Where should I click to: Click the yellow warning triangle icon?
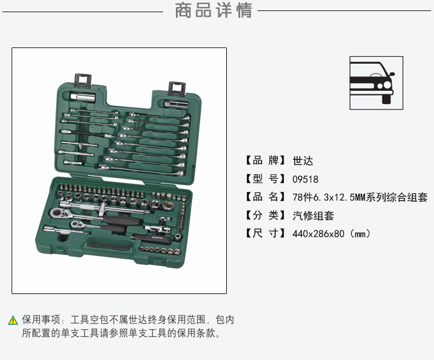coord(13,320)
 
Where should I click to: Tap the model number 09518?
coord(306,179)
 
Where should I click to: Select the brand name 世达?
coord(303,161)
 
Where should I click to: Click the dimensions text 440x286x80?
coord(318,234)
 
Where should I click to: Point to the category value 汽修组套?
coord(313,215)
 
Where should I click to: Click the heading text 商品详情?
coord(214,10)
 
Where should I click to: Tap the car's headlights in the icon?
coord(384,85)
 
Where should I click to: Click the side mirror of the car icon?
coord(392,74)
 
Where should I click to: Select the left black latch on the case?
coord(83,80)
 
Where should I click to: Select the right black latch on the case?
coord(177,89)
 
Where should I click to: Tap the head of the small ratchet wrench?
coord(76,223)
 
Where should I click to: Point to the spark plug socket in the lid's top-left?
coord(82,97)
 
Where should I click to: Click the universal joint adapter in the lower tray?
coord(157,229)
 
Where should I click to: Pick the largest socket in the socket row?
coord(168,205)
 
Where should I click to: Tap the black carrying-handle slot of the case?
coord(109,245)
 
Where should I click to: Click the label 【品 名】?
coord(265,197)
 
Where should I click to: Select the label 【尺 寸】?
coord(265,233)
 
